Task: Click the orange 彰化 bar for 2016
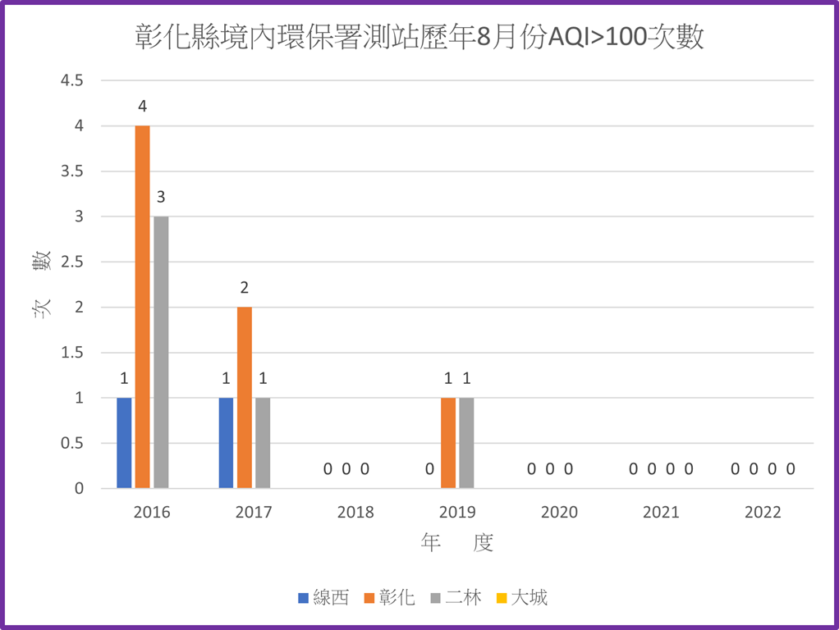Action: coord(142,307)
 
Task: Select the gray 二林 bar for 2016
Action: coord(161,353)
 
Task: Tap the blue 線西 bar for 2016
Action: coord(124,443)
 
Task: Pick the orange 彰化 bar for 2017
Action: coord(245,398)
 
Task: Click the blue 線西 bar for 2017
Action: coord(226,443)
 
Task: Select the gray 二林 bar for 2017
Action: coord(263,443)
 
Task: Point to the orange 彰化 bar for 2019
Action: coord(448,443)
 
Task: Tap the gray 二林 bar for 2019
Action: coord(466,443)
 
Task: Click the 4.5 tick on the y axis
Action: coord(71,80)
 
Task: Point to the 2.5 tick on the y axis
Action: coord(71,262)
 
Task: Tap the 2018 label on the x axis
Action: coord(355,513)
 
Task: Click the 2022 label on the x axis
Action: coord(763,513)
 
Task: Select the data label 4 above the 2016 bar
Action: coord(142,107)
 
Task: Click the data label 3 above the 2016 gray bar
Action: coord(161,197)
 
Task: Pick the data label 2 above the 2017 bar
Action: coord(245,288)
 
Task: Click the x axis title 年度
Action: coord(457,543)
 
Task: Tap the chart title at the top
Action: coord(419,38)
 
